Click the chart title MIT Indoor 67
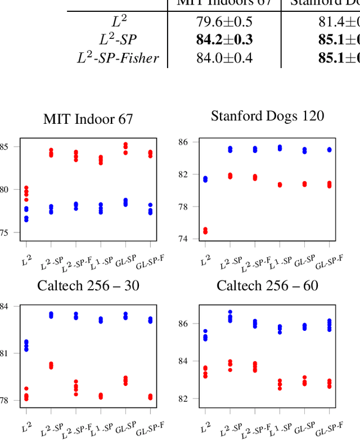pos(88,119)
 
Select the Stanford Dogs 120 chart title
pos(267,116)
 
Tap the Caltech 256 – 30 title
pos(88,286)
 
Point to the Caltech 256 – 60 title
pos(267,286)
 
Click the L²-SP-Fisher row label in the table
pos(118,57)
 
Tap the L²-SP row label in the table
pos(118,40)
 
